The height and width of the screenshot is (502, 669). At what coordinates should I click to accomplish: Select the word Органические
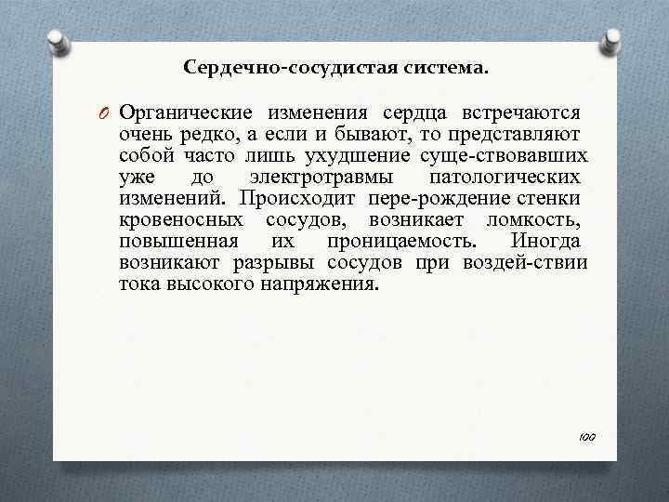point(182,113)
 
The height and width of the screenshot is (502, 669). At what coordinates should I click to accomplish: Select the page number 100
point(587,436)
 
